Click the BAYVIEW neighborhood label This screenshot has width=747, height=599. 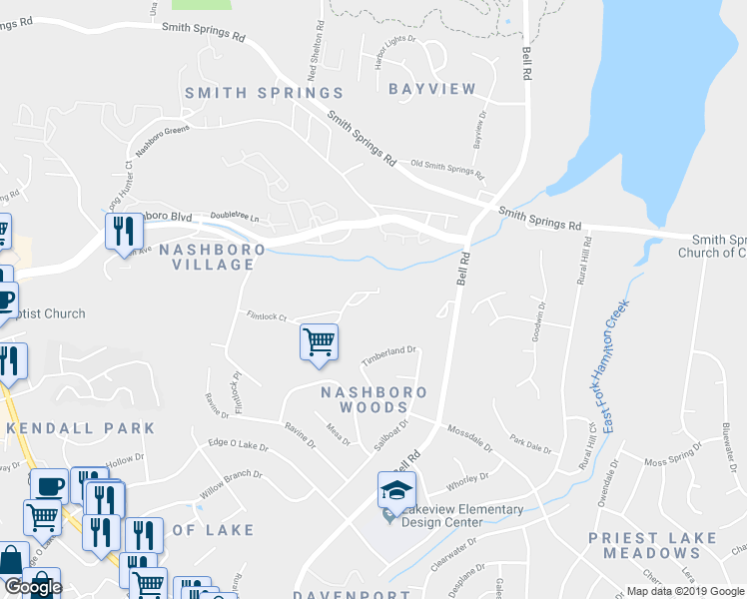[x=432, y=89]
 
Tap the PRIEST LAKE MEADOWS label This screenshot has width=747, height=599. [x=666, y=545]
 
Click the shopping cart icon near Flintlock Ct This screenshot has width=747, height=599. [x=319, y=343]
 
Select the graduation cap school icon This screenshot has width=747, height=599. [x=395, y=491]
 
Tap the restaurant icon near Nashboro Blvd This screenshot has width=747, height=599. [x=122, y=231]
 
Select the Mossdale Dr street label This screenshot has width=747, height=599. [x=470, y=437]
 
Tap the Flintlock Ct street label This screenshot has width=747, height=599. [x=267, y=316]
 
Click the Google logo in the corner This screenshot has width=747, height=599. [x=33, y=588]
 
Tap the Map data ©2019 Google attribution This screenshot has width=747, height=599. [x=685, y=591]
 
